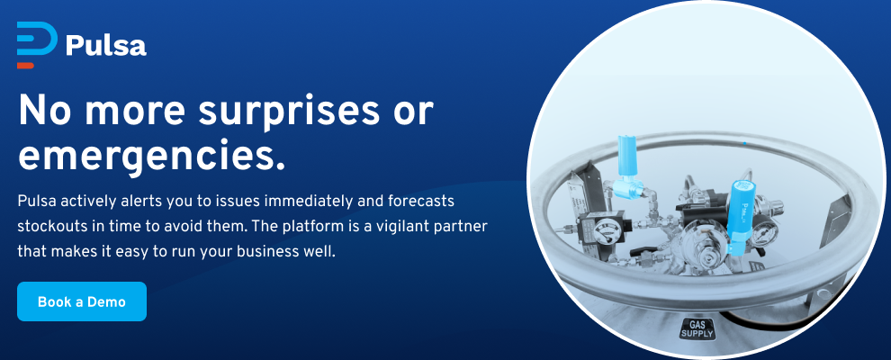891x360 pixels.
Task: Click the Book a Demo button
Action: (82, 301)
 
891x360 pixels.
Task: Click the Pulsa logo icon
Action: (37, 45)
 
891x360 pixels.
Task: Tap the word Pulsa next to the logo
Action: (106, 46)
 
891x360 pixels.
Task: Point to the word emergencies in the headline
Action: (152, 156)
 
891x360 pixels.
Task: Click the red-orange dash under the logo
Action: (25, 66)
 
